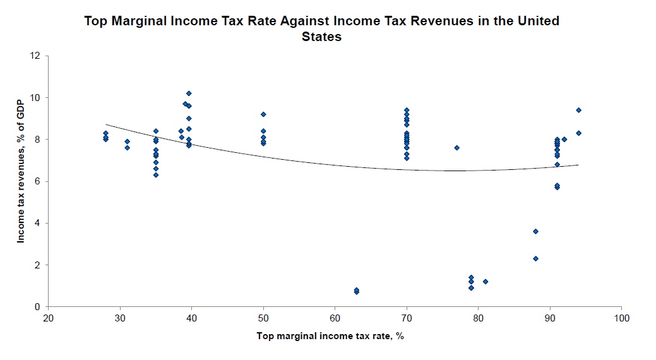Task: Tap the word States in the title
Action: coord(322,37)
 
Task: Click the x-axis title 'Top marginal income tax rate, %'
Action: coord(330,335)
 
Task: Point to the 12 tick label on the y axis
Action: coord(35,56)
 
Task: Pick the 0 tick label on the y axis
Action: coord(37,307)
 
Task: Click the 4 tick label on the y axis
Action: coord(37,223)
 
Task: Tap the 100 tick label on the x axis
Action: coord(621,318)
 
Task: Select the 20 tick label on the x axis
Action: coord(48,318)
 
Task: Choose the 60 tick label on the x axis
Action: coord(335,318)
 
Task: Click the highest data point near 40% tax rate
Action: coord(189,93)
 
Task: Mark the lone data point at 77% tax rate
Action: coord(456,148)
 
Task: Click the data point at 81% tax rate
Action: coord(486,282)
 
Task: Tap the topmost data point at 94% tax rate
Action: coord(578,110)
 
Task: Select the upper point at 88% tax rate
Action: coord(535,232)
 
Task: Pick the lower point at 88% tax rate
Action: coord(535,258)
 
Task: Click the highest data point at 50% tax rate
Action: coord(263,114)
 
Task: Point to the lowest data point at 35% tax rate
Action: coord(156,175)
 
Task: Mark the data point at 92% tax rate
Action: coord(564,140)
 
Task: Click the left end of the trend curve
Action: coord(106,124)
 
